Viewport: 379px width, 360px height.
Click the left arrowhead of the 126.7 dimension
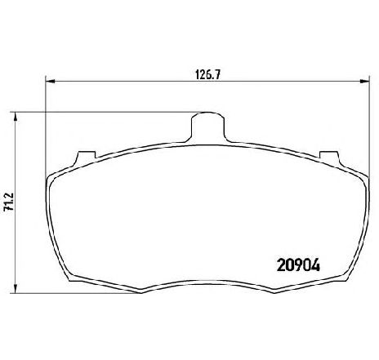pyautogui.click(x=49, y=81)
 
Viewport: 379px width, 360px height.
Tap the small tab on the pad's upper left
pyautogui.click(x=82, y=154)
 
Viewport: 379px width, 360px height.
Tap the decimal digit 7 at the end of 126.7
pyautogui.click(x=220, y=72)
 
